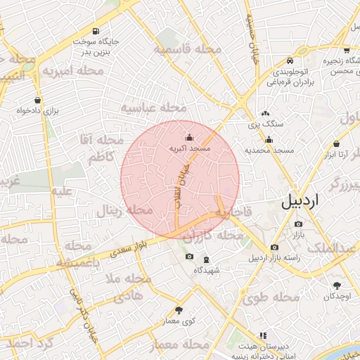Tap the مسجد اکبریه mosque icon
click(188, 138)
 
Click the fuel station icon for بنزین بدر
click(95, 32)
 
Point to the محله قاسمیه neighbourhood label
click(188, 50)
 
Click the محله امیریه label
click(77, 71)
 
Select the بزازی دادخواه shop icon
click(37, 100)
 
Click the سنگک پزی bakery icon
click(265, 113)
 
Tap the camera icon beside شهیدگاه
click(188, 257)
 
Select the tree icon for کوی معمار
click(179, 310)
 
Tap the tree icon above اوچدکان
click(337, 285)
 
